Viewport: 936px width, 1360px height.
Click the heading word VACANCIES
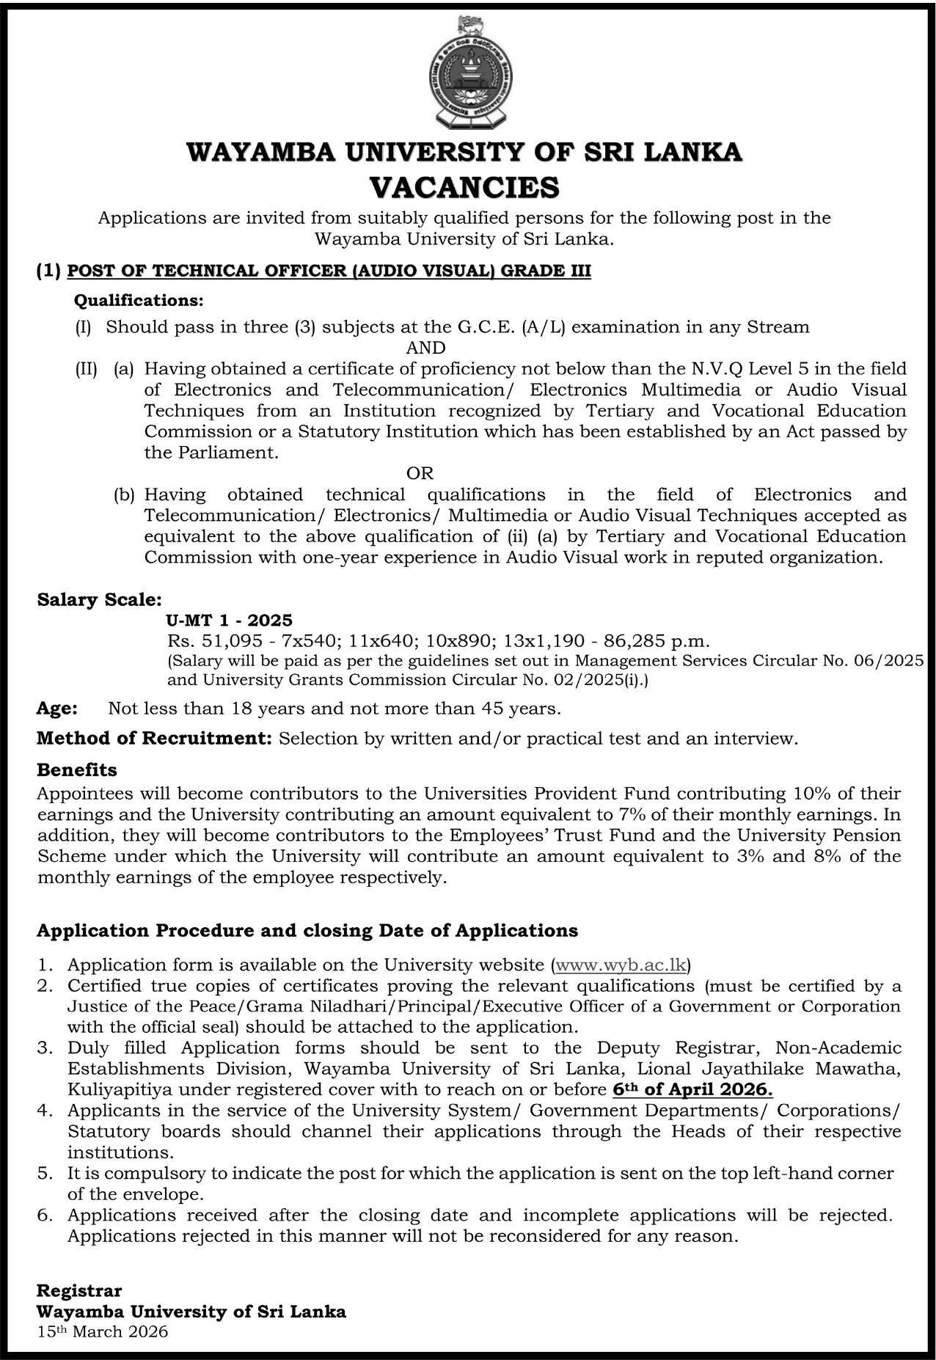[464, 186]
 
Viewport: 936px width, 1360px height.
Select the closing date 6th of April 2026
[692, 1089]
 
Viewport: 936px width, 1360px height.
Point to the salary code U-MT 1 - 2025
[230, 621]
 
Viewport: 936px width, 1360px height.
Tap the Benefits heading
[77, 770]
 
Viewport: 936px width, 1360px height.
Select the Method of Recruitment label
[155, 738]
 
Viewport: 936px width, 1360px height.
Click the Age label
[57, 709]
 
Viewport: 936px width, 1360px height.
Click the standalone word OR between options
[420, 473]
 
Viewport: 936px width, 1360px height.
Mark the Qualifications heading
[139, 301]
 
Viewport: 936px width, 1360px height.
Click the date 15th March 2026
[103, 1331]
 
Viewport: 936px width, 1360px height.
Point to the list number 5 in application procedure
[45, 1174]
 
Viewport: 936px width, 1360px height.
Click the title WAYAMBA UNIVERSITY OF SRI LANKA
[464, 152]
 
